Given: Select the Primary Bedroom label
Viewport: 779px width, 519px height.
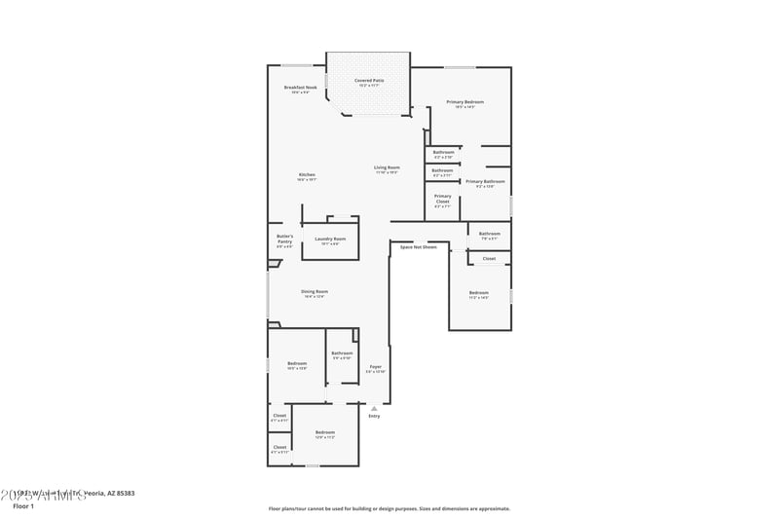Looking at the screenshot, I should tap(464, 102).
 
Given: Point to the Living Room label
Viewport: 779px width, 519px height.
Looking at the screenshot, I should tap(387, 167).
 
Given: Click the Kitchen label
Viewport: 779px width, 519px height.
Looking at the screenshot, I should tap(306, 175).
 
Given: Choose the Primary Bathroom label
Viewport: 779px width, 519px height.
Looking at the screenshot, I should tap(485, 181).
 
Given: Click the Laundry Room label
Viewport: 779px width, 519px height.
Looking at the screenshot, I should tap(330, 239).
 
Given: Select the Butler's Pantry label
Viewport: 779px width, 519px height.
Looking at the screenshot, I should tap(284, 239).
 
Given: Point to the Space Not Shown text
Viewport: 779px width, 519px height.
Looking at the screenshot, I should tap(419, 247).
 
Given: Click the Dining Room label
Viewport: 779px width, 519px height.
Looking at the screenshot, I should tap(314, 291).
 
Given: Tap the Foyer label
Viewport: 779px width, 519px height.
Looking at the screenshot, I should tap(375, 366).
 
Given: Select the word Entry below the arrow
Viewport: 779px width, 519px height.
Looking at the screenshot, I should tap(374, 416).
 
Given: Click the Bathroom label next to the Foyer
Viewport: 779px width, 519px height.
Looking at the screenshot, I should tap(342, 353).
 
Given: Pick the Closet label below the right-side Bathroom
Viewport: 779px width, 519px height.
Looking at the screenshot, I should tap(489, 258).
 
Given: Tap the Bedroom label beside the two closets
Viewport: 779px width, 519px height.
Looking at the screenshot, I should tap(324, 432).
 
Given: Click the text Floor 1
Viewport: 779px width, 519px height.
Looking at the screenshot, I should tap(23, 506).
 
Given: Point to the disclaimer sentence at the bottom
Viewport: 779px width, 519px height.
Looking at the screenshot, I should tap(389, 508).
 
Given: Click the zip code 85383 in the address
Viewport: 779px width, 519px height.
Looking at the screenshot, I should tap(126, 494).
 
